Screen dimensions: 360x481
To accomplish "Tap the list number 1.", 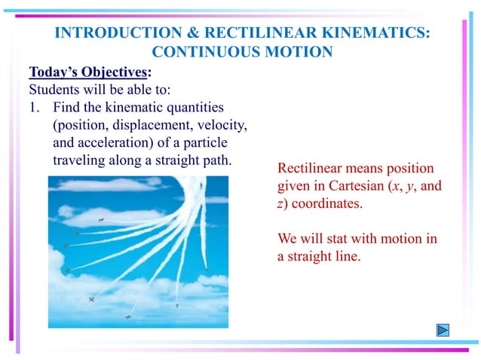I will coord(33,107).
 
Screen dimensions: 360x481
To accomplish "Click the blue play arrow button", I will coord(443,330).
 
